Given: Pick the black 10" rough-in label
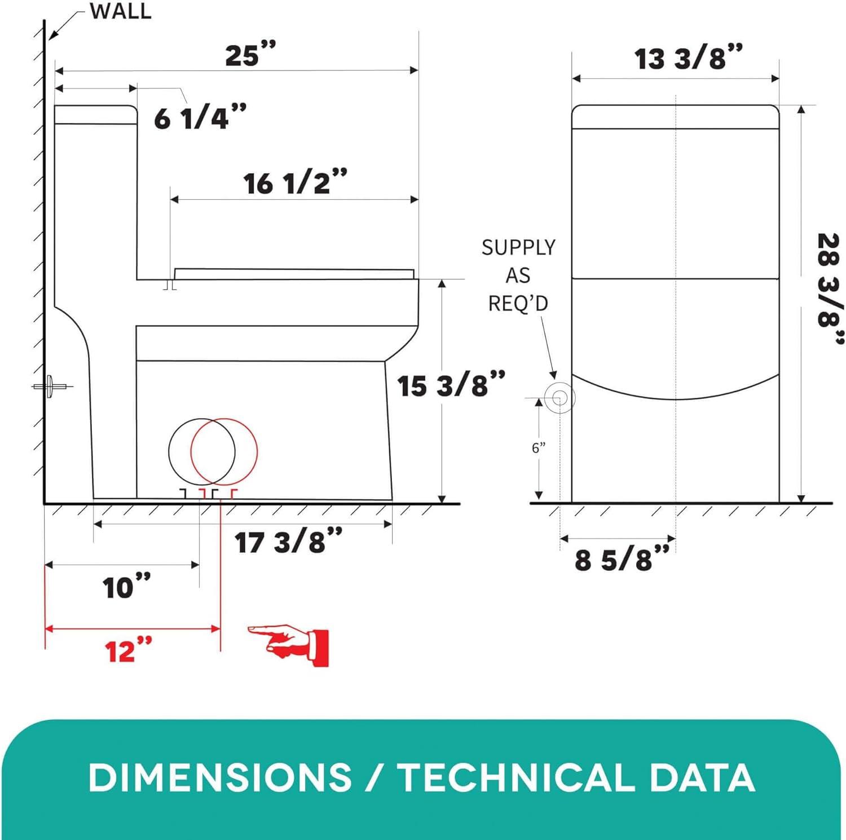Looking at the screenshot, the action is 127,587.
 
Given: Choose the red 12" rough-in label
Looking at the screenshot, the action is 129,650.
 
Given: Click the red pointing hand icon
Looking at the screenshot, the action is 289,645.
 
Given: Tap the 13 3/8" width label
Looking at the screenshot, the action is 689,58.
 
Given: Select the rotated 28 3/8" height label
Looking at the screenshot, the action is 830,288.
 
